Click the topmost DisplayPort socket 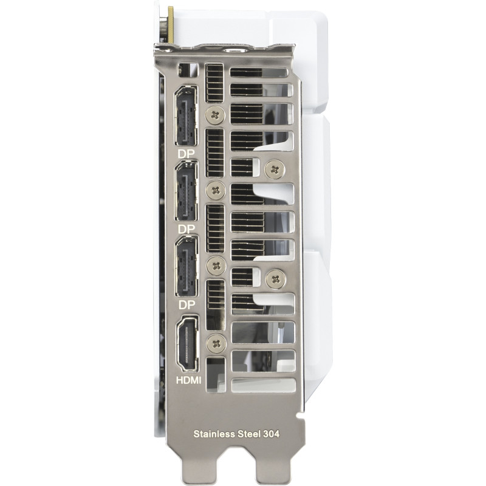[186, 115]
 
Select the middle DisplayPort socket [186, 191]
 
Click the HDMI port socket [186, 344]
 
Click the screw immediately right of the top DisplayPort [216, 115]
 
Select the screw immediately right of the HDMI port [216, 344]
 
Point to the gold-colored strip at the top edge [171, 24]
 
